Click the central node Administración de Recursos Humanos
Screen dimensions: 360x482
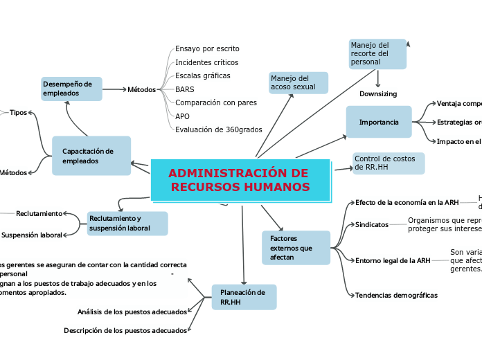pyautogui.click(x=240, y=181)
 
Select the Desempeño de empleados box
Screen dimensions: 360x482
pyautogui.click(x=71, y=89)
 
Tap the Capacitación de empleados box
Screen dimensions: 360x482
pyautogui.click(x=91, y=156)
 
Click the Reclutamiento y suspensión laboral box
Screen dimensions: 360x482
pyautogui.click(x=127, y=223)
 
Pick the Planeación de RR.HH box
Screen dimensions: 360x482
pyautogui.click(x=243, y=297)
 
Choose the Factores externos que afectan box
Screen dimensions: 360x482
pyautogui.click(x=296, y=247)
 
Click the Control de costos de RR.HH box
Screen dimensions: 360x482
pyautogui.click(x=388, y=163)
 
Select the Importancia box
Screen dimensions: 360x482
pyautogui.click(x=378, y=122)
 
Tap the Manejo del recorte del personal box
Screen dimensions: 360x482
pyautogui.click(x=377, y=54)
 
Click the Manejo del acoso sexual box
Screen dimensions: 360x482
pyautogui.click(x=298, y=82)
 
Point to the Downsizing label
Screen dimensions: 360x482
pyautogui.click(x=378, y=94)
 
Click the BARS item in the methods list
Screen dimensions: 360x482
pyautogui.click(x=185, y=89)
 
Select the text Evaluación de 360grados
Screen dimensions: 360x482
pyautogui.click(x=219, y=129)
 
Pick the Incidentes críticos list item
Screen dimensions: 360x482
pyautogui.click(x=207, y=62)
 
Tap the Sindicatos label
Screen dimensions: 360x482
pyautogui.click(x=372, y=224)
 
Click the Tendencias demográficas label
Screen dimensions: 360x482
pyautogui.click(x=396, y=295)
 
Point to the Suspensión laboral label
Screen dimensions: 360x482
pyautogui.click(x=32, y=235)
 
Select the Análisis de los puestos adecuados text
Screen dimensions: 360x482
pyautogui.click(x=132, y=312)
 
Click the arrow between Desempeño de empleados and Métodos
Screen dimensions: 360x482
pyautogui.click(x=114, y=89)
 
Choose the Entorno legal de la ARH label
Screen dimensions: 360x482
pyautogui.click(x=393, y=260)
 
